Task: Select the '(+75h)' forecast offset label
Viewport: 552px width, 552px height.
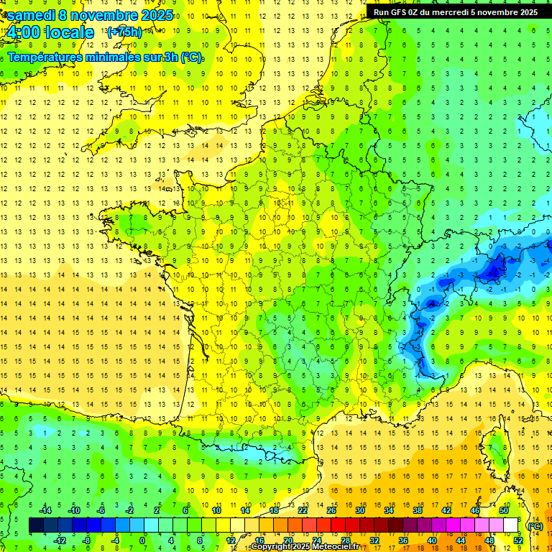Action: [x=124, y=32]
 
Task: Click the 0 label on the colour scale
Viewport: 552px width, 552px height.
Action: [x=142, y=540]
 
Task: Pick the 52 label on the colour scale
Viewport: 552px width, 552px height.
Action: [x=518, y=540]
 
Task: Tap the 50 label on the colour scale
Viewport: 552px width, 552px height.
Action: [x=504, y=510]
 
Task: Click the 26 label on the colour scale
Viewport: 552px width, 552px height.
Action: [x=331, y=510]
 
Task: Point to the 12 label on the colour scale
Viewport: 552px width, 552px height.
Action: [x=231, y=540]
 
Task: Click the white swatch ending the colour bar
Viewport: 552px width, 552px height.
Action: [x=511, y=525]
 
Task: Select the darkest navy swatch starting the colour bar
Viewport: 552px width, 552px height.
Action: [x=36, y=525]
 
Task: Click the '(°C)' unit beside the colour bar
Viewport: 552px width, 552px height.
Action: [x=535, y=526]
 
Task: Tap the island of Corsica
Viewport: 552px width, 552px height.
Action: [x=495, y=449]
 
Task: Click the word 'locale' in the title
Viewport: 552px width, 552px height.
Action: [x=69, y=32]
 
